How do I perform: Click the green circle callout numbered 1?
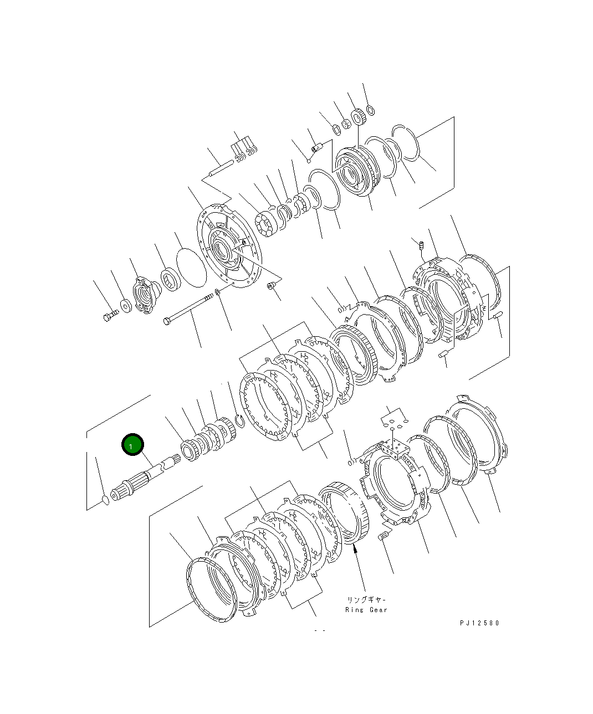132,444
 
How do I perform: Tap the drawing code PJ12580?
479,623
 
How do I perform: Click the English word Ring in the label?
354,609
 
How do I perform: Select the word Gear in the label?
378,609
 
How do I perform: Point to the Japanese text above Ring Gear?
366,599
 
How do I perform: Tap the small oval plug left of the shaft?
106,500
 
